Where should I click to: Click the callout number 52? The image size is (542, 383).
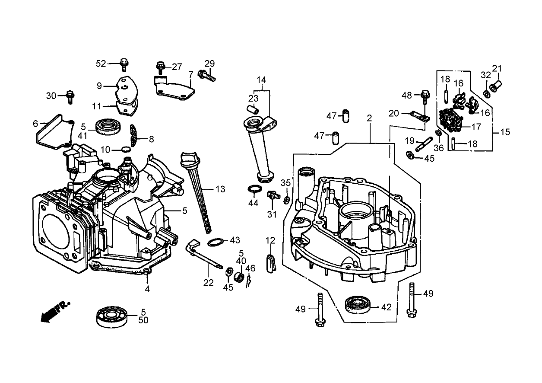pyautogui.click(x=101, y=64)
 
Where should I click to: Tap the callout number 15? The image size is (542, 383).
pyautogui.click(x=505, y=132)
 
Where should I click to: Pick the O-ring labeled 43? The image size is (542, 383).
pyautogui.click(x=216, y=242)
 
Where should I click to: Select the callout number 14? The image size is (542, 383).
pyautogui.click(x=262, y=80)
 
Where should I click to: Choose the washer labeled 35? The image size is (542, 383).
pyautogui.click(x=286, y=200)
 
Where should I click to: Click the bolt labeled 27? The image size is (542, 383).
pyautogui.click(x=160, y=67)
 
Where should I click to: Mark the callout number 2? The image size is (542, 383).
pyautogui.click(x=369, y=118)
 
